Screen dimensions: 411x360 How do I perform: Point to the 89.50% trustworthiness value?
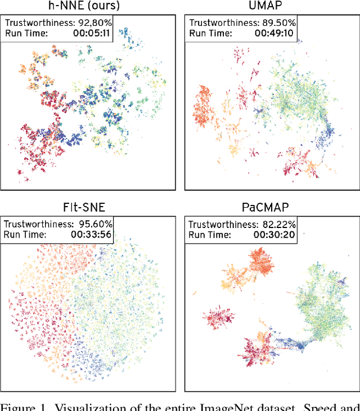[277, 24]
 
